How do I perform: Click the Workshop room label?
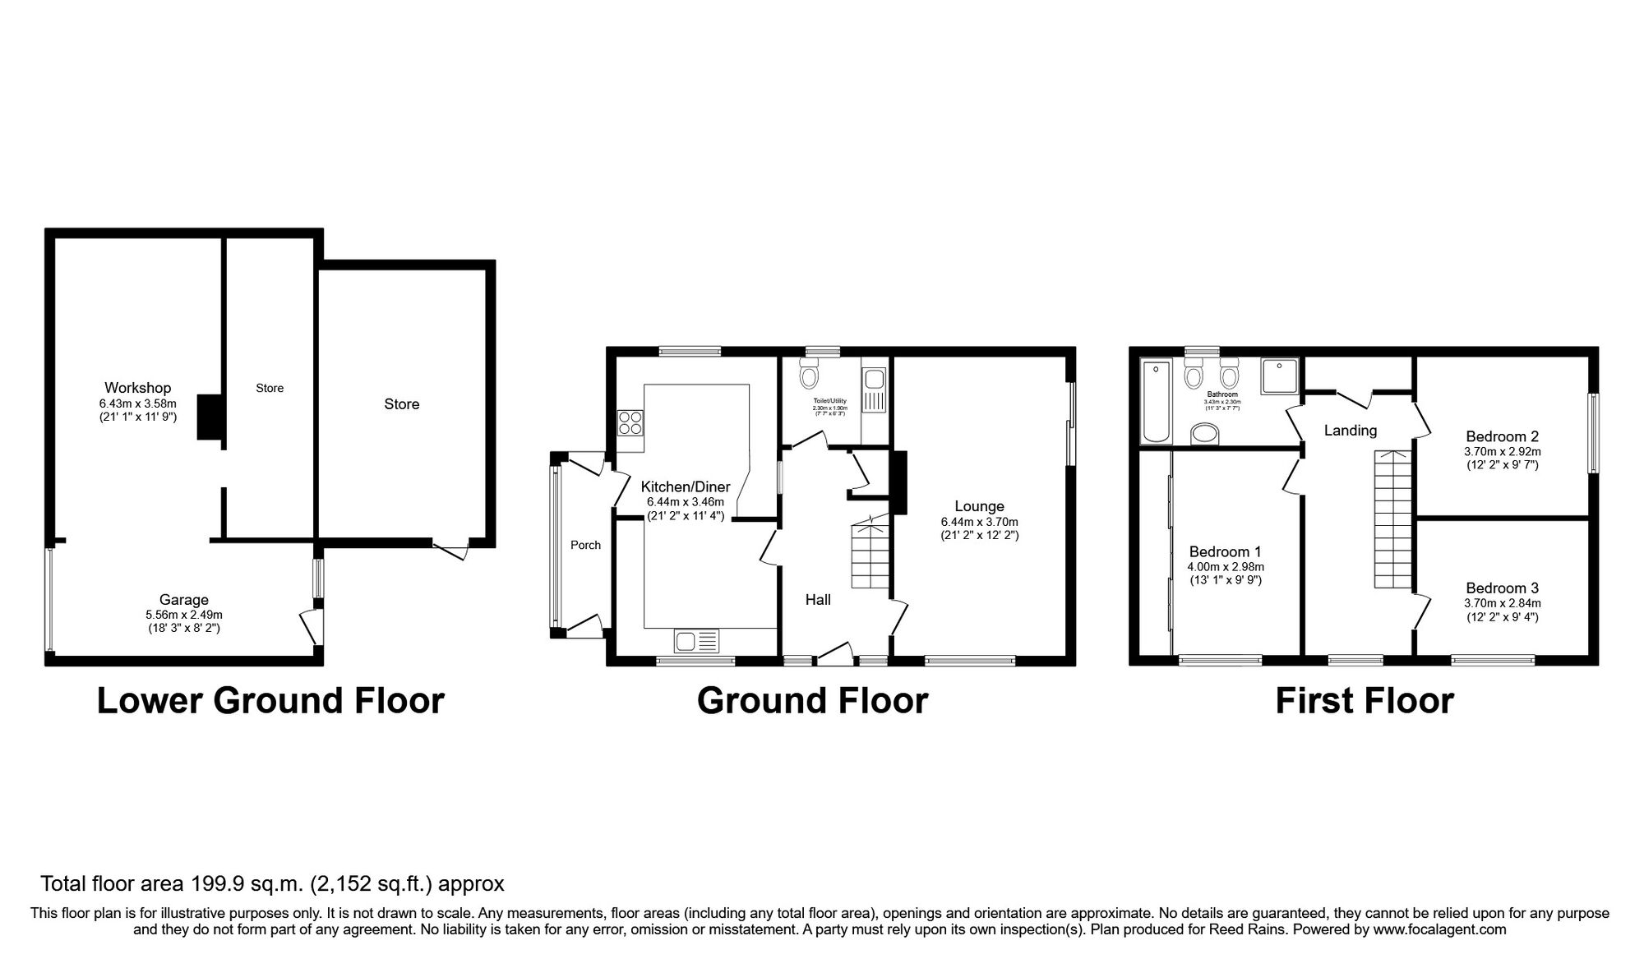pyautogui.click(x=137, y=388)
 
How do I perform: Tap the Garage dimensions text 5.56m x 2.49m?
pyautogui.click(x=184, y=615)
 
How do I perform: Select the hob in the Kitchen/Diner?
pyautogui.click(x=630, y=423)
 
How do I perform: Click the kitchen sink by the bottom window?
pyautogui.click(x=696, y=639)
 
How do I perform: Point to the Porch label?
pyautogui.click(x=585, y=545)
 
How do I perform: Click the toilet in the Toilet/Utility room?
pyautogui.click(x=809, y=376)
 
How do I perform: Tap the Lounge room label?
pyautogui.click(x=979, y=506)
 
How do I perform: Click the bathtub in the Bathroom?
pyautogui.click(x=1155, y=400)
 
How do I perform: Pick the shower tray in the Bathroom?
pyautogui.click(x=1279, y=376)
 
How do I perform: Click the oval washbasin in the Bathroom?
pyautogui.click(x=1206, y=433)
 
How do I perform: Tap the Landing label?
pyautogui.click(x=1350, y=430)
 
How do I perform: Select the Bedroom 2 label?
pyautogui.click(x=1502, y=436)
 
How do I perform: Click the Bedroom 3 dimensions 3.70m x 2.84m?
pyautogui.click(x=1502, y=602)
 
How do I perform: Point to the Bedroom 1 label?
pyautogui.click(x=1225, y=552)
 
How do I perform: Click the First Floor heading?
pyautogui.click(x=1364, y=701)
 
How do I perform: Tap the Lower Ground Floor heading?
pyautogui.click(x=270, y=701)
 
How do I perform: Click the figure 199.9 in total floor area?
pyautogui.click(x=215, y=884)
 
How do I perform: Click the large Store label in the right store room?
pyautogui.click(x=401, y=403)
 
